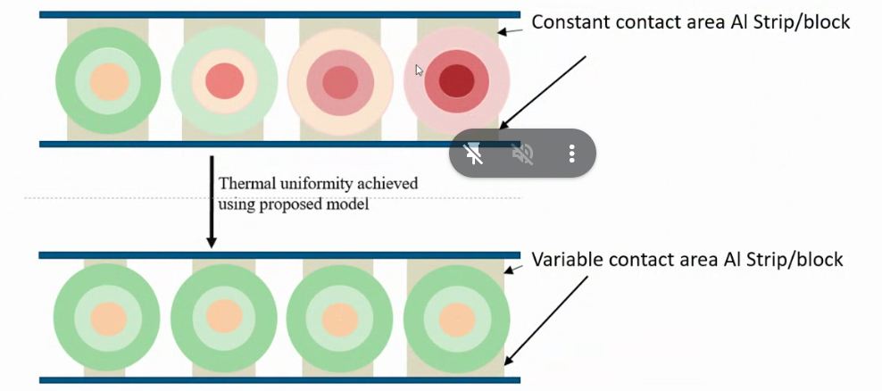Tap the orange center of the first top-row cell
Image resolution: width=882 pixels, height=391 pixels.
tap(108, 81)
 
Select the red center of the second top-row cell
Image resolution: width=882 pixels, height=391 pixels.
tap(224, 81)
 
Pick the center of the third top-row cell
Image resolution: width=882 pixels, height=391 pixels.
tap(340, 81)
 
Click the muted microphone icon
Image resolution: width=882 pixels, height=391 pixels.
tap(474, 154)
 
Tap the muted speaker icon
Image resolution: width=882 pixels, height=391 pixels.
tap(523, 154)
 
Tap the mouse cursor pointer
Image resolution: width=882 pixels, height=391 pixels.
tap(419, 70)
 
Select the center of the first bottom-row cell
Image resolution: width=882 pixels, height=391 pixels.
tap(107, 317)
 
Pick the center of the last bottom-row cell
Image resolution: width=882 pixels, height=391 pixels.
tap(456, 317)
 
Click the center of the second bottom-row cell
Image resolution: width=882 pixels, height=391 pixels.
tap(223, 317)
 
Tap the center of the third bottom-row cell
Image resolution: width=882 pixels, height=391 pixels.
tap(340, 317)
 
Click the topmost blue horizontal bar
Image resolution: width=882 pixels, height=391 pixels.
tap(279, 14)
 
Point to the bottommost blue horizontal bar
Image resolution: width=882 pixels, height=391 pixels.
tap(279, 380)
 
